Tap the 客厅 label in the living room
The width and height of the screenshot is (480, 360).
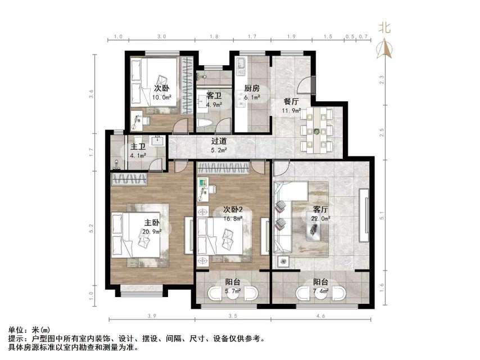321,210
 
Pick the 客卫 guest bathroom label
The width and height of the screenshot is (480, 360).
214,96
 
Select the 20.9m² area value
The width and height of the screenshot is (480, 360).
152,231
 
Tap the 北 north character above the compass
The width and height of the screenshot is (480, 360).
385,28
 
